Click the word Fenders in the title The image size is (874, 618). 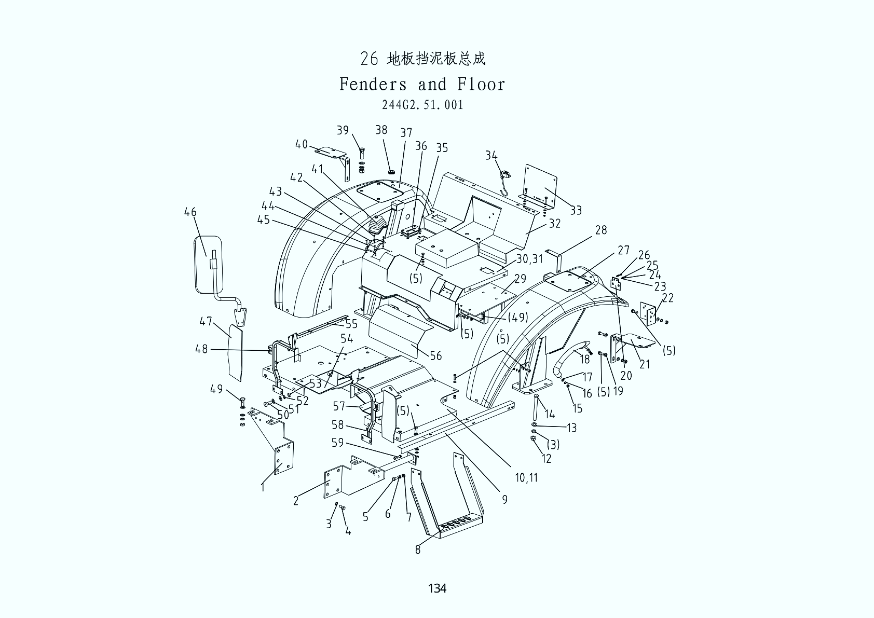pyautogui.click(x=373, y=84)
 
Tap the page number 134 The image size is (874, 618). pyautogui.click(x=437, y=588)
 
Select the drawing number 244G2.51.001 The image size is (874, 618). pyautogui.click(x=422, y=105)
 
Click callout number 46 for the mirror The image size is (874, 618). pyautogui.click(x=190, y=212)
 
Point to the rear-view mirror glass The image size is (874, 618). pyautogui.click(x=208, y=265)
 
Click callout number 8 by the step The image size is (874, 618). pyautogui.click(x=418, y=550)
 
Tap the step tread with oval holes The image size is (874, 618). pyautogui.click(x=460, y=527)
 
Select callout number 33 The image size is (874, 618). pyautogui.click(x=576, y=211)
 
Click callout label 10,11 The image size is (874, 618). pyautogui.click(x=526, y=477)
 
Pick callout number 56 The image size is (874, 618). pyautogui.click(x=436, y=356)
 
